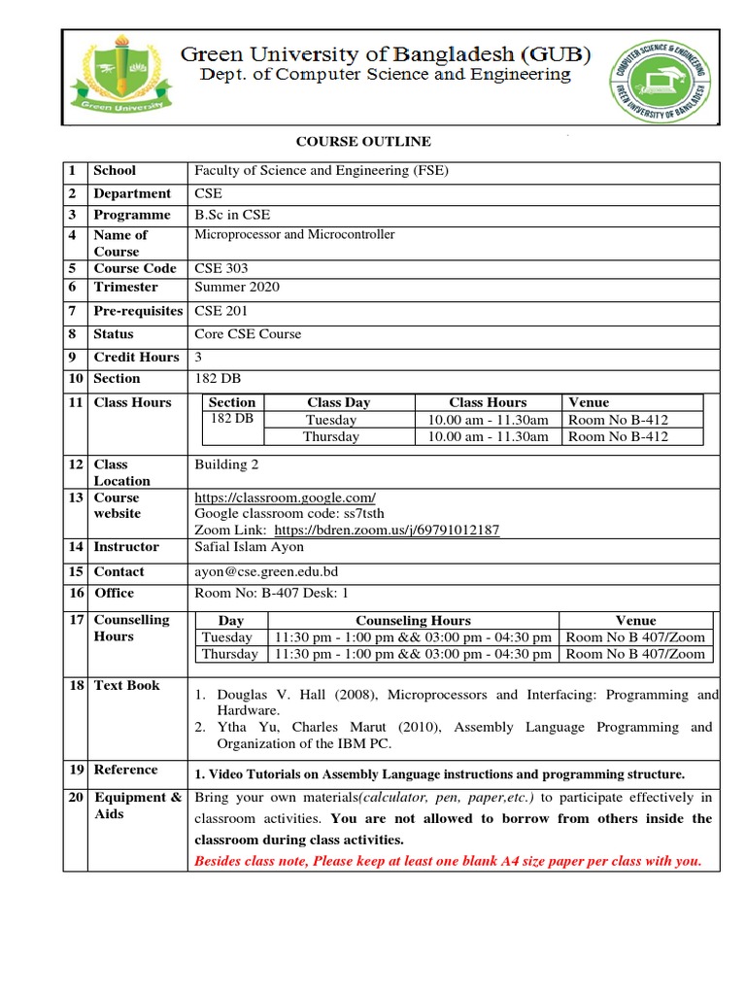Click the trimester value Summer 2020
236,287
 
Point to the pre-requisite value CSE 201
221,311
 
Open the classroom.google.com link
285,497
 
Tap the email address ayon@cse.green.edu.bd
266,571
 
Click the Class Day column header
338,402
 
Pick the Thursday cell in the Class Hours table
331,437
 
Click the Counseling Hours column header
413,620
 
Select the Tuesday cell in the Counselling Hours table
226,637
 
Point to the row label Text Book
126,685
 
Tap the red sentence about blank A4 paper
448,861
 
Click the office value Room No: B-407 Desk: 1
271,593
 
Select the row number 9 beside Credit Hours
72,357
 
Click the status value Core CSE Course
248,334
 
